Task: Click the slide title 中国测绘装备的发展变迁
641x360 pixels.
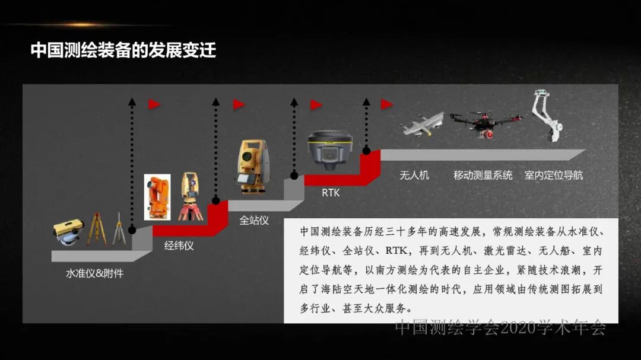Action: coord(123,50)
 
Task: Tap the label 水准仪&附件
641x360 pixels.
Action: coord(95,273)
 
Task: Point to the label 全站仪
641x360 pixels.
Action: coord(254,220)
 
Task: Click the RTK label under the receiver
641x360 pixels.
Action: coord(331,193)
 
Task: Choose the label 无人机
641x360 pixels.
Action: coord(414,175)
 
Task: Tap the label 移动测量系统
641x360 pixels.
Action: coord(483,175)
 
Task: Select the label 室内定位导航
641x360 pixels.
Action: coord(554,175)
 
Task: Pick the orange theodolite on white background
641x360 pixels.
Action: coord(158,196)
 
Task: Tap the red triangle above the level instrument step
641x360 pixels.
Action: coord(154,104)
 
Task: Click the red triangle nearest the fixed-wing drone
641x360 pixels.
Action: coord(386,104)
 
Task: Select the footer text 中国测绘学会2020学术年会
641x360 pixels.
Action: coord(500,327)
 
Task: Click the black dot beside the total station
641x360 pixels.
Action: coord(293,175)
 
